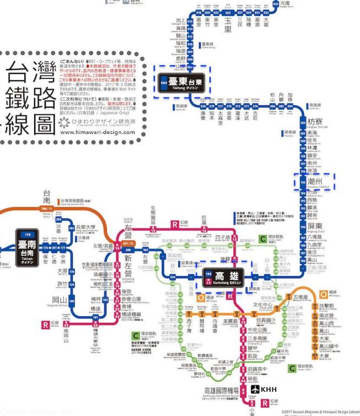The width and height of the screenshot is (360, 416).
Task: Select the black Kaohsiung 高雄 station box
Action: click(226, 277)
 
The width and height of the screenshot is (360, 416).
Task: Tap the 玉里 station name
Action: click(228, 25)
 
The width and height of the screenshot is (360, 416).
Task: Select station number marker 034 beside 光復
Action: click(276, 3)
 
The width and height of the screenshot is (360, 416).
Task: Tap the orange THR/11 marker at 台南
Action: click(47, 209)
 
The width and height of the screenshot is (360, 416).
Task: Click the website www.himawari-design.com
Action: click(97, 132)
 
